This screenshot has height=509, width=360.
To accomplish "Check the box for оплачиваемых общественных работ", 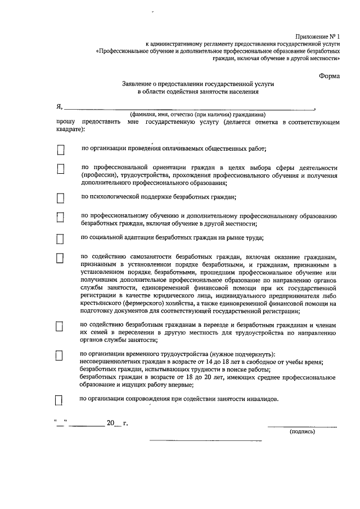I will [61, 150].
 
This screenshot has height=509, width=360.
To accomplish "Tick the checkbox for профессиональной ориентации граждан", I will [61, 169].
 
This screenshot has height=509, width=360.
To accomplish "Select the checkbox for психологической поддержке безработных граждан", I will [61, 198].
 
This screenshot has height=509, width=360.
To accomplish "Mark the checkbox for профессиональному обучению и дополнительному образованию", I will [61, 217].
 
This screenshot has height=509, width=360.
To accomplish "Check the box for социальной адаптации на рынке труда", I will [61, 238].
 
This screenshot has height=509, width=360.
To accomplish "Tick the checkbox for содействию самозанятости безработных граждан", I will [61, 258].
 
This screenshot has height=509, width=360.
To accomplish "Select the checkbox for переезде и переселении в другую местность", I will [61, 327].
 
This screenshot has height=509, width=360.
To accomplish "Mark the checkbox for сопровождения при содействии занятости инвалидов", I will [58, 400].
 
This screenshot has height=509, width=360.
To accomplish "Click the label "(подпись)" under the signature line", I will [302, 432].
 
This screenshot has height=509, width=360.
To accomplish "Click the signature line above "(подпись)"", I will [302, 426].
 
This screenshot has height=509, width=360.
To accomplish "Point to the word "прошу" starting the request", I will [65, 121].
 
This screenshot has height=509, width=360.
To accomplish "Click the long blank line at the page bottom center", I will [206, 440].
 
